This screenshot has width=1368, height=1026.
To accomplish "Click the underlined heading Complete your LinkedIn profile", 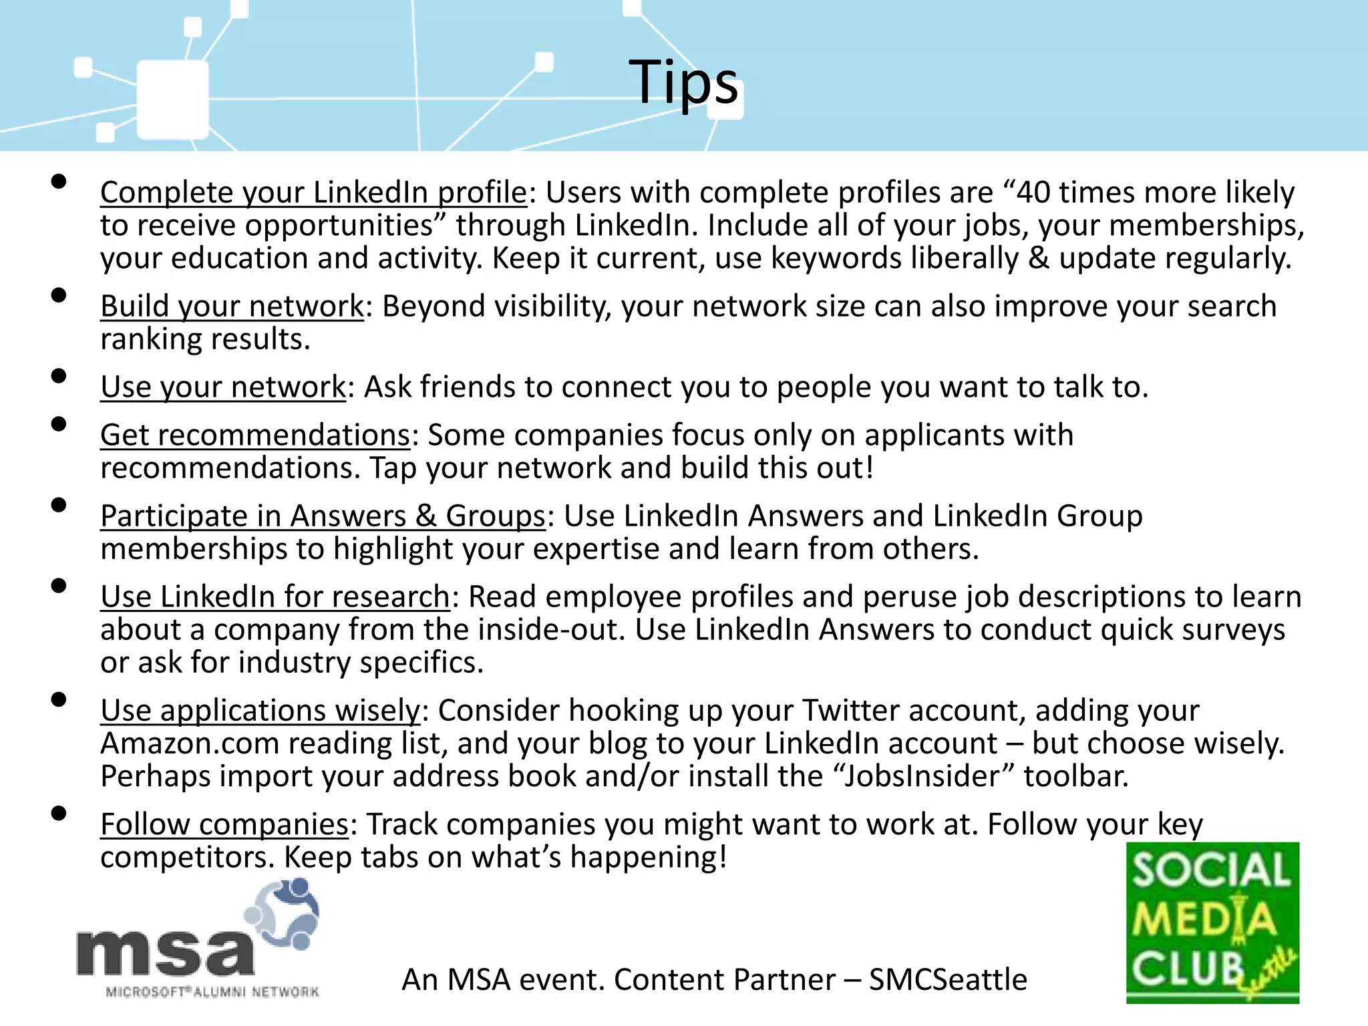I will (313, 193).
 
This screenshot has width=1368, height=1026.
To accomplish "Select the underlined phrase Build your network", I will (232, 307).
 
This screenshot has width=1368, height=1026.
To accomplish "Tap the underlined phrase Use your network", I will (223, 387).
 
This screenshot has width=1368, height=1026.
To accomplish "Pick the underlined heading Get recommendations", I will (255, 436).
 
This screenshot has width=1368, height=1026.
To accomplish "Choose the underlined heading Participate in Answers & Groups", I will (323, 516).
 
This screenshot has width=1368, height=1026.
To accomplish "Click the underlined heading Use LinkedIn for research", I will (275, 597).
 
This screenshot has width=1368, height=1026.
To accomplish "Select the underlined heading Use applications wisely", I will (260, 711).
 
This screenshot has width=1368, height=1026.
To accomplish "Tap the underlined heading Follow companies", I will (224, 825).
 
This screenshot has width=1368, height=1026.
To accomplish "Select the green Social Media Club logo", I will (1212, 922).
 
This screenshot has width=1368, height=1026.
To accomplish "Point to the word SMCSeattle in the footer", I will (948, 980).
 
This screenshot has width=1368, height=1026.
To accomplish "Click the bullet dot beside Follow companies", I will (59, 813).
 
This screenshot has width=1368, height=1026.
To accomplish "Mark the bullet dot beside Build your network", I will (59, 295).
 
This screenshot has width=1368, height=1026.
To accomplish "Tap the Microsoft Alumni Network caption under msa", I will (212, 992).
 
